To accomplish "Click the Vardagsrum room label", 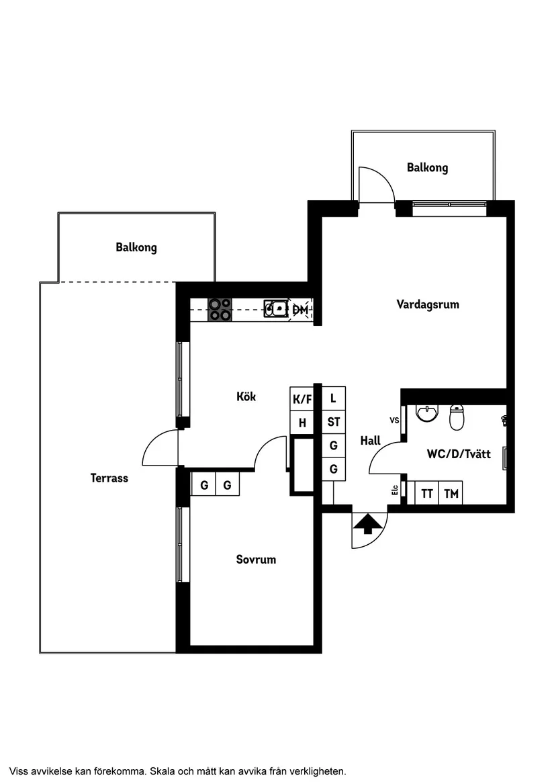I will [428, 304].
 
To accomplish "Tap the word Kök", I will [246, 396].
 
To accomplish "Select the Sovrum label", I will [256, 559].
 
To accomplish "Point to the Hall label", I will [370, 441].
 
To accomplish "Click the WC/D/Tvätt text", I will [459, 454].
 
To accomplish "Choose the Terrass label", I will [109, 478].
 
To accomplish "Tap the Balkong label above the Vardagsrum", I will [427, 167].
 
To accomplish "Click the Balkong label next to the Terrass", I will [136, 247].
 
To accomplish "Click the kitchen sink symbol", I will [275, 309].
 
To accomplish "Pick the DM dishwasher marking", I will [300, 310].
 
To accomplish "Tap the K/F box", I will [302, 399].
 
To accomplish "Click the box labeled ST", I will [334, 422].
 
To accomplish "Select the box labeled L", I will [334, 398].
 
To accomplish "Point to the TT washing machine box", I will [427, 493].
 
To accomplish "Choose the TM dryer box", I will [451, 493].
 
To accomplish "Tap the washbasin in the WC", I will [426, 413].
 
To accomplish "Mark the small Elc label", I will [395, 491].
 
